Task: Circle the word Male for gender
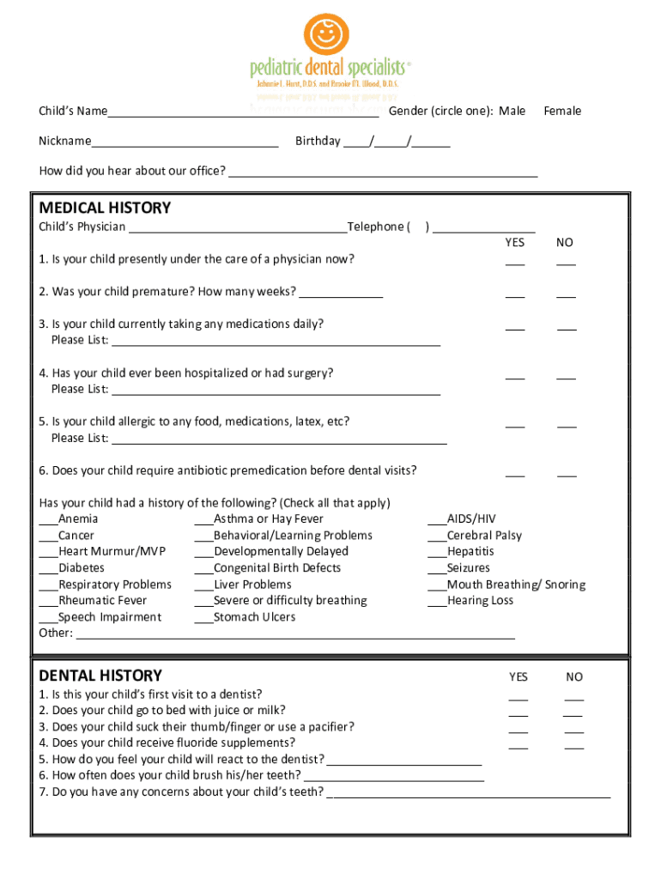[x=512, y=111]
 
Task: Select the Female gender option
[x=562, y=111]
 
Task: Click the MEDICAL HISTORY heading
[x=105, y=208]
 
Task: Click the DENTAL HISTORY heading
[x=100, y=676]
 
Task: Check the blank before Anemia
[x=48, y=520]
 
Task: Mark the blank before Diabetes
[x=48, y=569]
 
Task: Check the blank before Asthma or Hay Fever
[x=203, y=520]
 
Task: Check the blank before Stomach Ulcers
[x=203, y=618]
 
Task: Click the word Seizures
[x=468, y=568]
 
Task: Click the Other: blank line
[x=295, y=636]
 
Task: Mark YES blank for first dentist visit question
[x=518, y=699]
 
